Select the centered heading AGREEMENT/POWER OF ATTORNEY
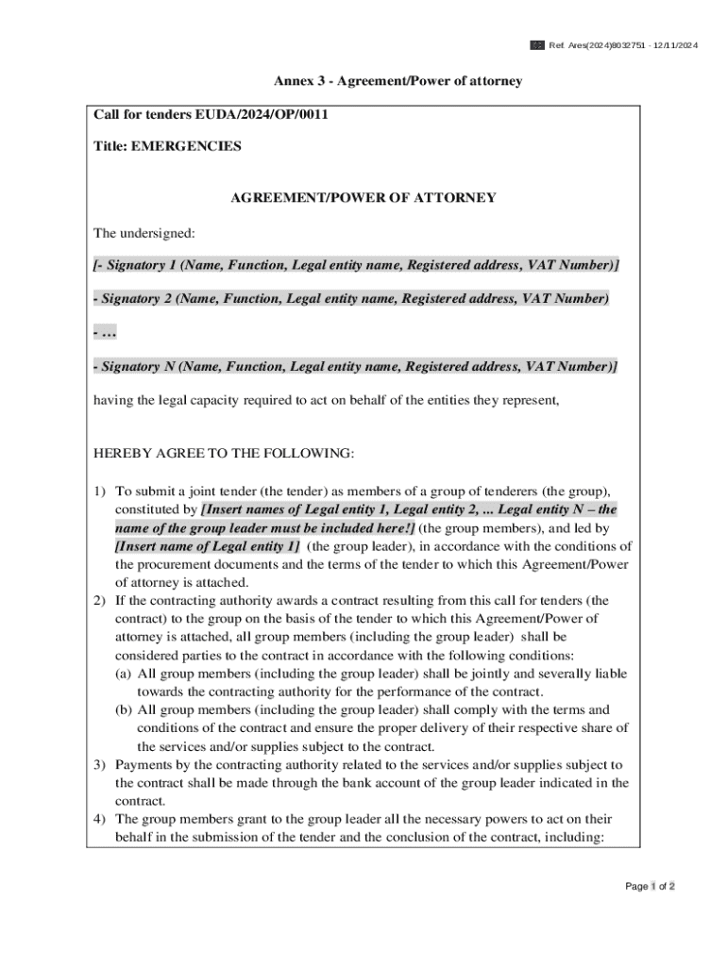click(x=363, y=198)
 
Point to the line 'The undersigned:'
click(x=144, y=232)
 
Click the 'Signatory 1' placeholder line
click(x=357, y=265)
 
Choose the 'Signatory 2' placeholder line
click(x=351, y=298)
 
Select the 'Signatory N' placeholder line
click(x=355, y=366)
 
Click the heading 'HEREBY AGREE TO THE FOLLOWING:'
click(x=224, y=454)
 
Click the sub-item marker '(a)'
click(x=124, y=674)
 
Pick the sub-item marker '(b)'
click(x=124, y=709)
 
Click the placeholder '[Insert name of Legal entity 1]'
click(x=208, y=546)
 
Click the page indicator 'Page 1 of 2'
click(x=650, y=886)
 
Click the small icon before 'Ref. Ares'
click(x=536, y=45)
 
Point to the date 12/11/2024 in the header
click(x=673, y=45)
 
